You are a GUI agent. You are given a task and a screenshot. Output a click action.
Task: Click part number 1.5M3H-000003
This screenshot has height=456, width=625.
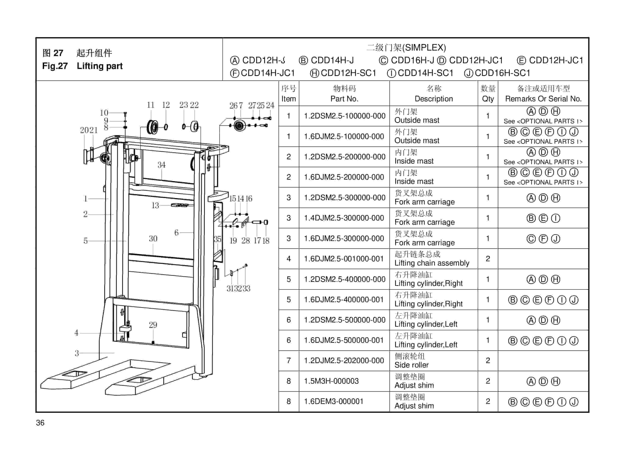[x=331, y=381]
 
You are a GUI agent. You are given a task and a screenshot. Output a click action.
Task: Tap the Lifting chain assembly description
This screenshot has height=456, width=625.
[x=432, y=263]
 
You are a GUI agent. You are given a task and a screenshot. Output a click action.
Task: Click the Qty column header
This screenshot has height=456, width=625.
[x=488, y=99]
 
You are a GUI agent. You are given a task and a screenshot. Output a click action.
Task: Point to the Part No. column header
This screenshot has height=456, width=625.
[x=344, y=99]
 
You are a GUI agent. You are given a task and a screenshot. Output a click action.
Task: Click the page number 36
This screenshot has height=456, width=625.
[x=40, y=423]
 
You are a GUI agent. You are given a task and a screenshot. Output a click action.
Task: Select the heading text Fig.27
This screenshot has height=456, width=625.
[x=55, y=66]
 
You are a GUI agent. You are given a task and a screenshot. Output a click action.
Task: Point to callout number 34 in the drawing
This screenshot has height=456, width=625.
[x=161, y=165]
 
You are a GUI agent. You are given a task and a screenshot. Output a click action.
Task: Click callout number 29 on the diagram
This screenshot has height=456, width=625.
[x=153, y=325]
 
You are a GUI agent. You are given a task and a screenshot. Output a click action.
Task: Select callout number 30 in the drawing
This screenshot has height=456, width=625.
[x=153, y=238]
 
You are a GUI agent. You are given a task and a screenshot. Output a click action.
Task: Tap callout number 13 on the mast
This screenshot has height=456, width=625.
[x=155, y=205]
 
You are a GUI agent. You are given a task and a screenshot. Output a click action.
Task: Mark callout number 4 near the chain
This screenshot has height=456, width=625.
[x=76, y=333]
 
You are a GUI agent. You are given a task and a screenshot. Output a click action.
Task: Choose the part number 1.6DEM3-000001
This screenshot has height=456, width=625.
[x=333, y=401]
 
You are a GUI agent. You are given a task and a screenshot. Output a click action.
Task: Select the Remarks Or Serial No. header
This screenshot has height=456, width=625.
[x=543, y=99]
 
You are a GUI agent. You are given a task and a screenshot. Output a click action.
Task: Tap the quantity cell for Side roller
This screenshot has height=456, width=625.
[x=488, y=361]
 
